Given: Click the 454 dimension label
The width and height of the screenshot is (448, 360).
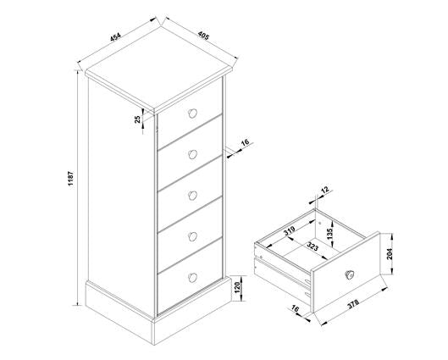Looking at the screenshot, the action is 116,37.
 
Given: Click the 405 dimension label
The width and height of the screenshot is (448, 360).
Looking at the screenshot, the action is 204,36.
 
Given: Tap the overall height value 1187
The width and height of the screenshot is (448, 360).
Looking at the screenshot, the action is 71,179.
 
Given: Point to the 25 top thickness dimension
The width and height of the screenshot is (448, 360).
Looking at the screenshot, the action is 138,119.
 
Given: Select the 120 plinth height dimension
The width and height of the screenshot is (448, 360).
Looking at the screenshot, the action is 237,288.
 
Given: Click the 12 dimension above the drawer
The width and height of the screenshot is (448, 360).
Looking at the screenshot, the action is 325,190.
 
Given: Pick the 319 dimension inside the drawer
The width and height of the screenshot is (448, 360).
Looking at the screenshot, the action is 289,230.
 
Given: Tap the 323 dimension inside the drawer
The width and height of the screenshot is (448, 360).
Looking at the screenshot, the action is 312,246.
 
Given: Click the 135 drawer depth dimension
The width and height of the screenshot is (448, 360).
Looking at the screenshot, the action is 330,234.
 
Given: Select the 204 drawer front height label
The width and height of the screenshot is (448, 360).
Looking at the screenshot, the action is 390,254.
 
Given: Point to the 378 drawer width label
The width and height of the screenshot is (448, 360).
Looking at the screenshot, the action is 353,304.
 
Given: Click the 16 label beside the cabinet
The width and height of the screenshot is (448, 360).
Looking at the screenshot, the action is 245,142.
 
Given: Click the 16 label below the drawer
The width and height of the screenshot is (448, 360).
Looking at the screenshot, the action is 295,308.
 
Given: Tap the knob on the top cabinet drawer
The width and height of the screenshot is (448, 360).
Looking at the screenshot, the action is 193,114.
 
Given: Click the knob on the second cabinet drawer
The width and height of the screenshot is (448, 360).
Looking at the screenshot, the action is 193,154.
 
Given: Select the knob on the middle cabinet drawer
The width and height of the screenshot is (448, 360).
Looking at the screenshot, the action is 193,196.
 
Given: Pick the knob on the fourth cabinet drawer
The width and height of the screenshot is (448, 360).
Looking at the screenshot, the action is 193,236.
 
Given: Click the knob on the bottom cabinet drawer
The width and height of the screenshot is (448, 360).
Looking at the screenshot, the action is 193,278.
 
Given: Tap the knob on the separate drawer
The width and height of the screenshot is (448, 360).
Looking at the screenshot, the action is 349,274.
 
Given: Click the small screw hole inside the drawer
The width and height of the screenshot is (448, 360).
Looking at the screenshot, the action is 320,223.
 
